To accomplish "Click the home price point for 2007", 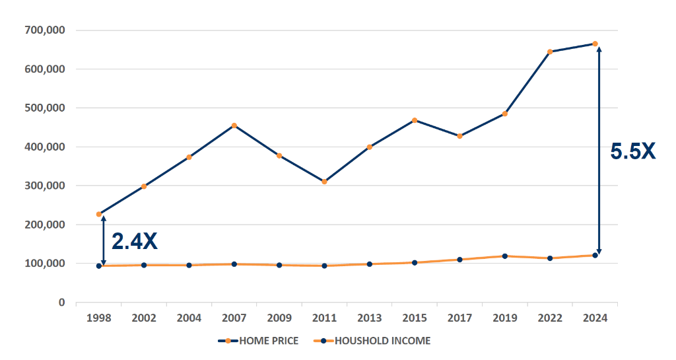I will (234, 126).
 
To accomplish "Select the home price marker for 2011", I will (324, 182).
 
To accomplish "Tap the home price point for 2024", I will (595, 44).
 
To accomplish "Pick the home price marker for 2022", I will (549, 52).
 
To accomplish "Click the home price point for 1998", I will (99, 214).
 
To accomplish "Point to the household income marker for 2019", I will (505, 256).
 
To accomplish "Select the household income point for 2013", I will (369, 264).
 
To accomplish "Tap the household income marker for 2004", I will (189, 266).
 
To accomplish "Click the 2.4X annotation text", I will (135, 241).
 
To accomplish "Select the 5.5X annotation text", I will (632, 151).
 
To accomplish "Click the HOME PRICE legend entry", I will (258, 341).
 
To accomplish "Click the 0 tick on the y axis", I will (62, 303).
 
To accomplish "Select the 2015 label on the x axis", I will (414, 318).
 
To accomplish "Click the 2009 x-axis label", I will (279, 318).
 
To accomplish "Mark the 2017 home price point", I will (459, 136).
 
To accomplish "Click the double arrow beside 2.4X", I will (104, 240).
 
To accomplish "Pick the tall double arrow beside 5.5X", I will (599, 149).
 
